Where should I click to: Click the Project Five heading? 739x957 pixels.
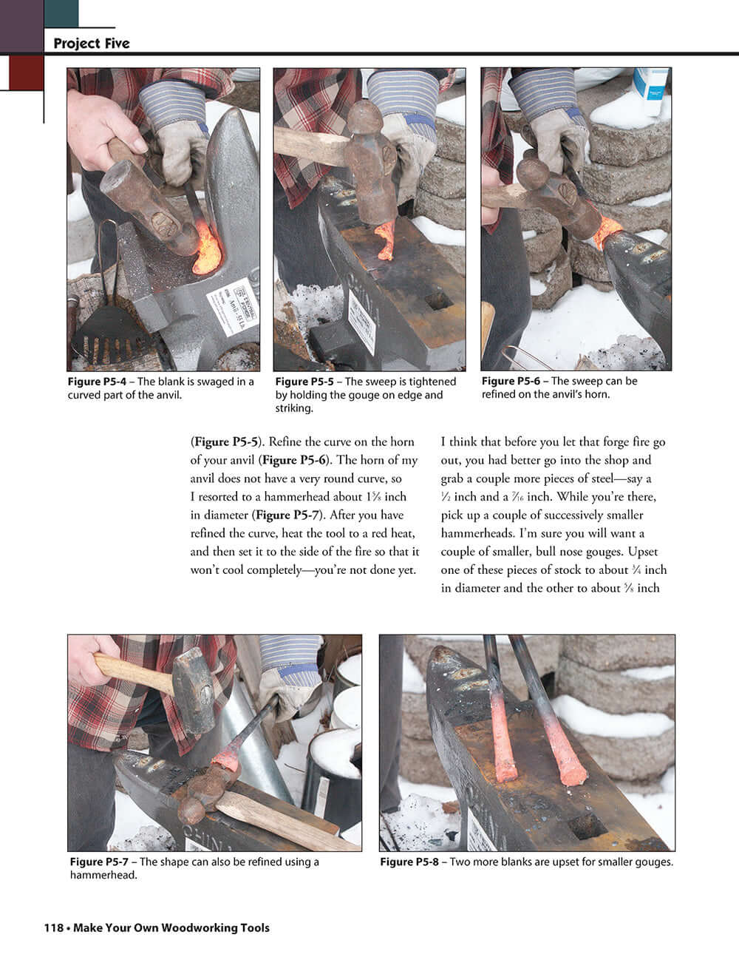(x=91, y=44)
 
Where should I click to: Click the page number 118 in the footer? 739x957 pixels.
(x=53, y=927)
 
